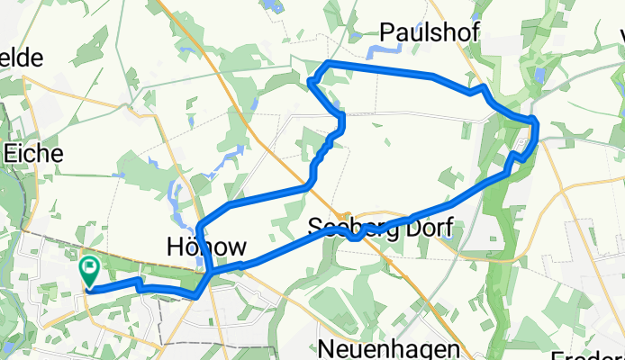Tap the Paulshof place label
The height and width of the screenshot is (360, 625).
[429, 31]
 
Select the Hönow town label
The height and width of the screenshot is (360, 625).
[206, 247]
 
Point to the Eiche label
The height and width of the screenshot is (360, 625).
[33, 153]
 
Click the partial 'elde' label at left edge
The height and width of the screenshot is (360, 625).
[22, 58]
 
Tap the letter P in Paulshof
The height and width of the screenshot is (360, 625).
[386, 31]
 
